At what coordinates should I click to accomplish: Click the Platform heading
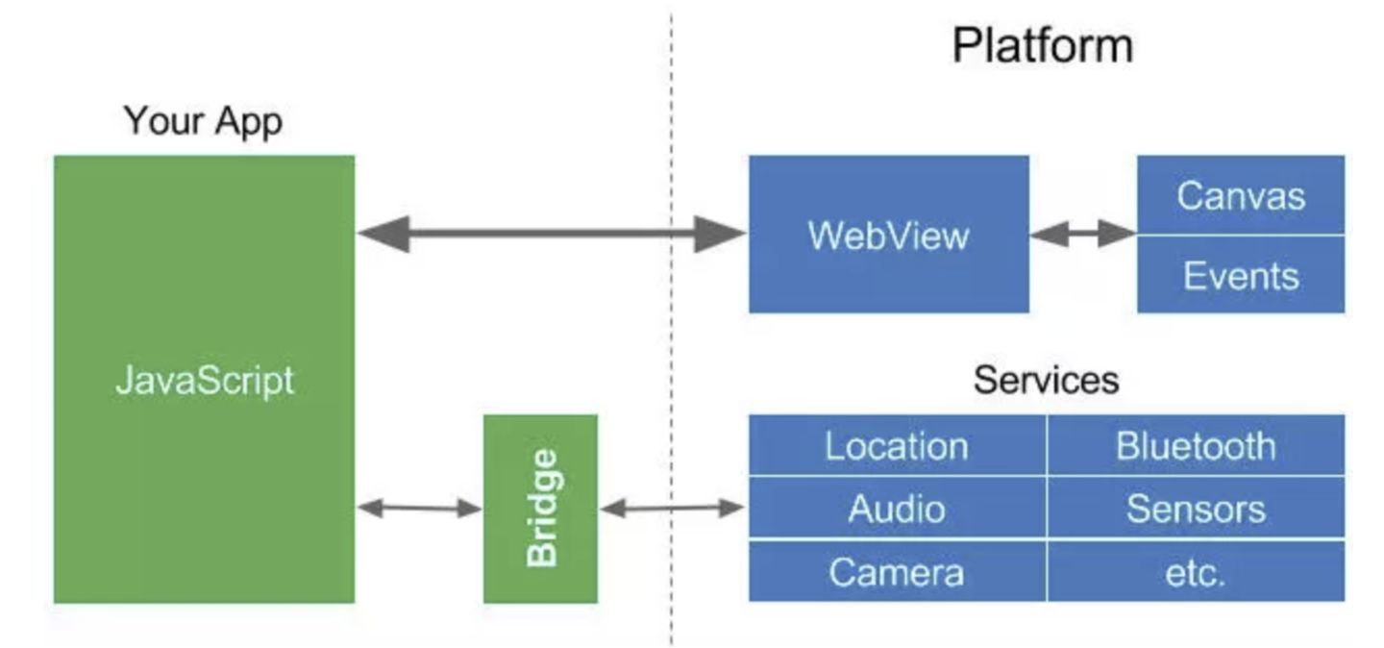[1042, 45]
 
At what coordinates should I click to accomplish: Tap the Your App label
[203, 122]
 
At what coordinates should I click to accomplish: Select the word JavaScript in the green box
[204, 381]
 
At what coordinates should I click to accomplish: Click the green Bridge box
[540, 509]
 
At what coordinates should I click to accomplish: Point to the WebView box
[888, 235]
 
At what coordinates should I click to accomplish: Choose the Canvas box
[1240, 195]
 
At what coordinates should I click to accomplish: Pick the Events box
[1240, 275]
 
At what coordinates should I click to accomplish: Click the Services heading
[1046, 380]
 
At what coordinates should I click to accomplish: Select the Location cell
[896, 446]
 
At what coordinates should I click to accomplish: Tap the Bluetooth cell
[1196, 446]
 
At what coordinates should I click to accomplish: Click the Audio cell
[896, 509]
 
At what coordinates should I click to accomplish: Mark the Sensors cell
[1196, 509]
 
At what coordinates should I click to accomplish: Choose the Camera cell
[896, 572]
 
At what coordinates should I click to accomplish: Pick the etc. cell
[1196, 572]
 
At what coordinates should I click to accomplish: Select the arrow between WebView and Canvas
[1082, 234]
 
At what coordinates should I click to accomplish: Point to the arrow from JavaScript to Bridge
[419, 509]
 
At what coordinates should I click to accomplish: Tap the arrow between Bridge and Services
[672, 509]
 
